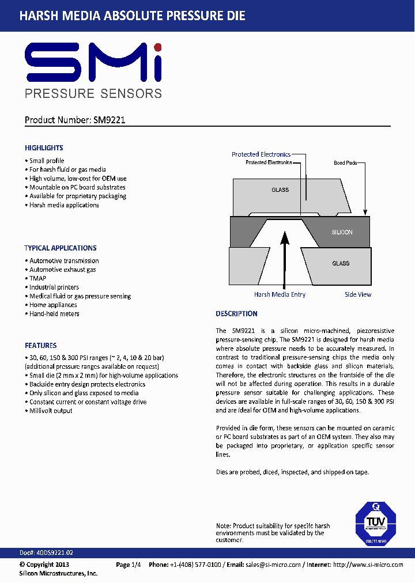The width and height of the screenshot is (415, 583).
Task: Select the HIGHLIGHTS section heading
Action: point(44,148)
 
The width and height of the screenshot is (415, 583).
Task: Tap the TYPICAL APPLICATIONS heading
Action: point(61,248)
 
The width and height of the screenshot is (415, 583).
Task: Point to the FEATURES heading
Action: point(40,346)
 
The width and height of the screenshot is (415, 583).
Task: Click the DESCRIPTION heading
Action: point(236,314)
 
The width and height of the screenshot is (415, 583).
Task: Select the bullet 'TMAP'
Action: point(37,278)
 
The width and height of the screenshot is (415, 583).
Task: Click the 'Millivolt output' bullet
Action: point(51,411)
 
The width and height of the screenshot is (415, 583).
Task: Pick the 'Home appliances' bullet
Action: point(53,305)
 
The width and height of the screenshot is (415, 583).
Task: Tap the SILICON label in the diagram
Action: point(342,232)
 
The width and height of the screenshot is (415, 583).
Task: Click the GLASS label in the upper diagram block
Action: point(280,190)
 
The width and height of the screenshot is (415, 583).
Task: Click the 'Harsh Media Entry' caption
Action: point(280,294)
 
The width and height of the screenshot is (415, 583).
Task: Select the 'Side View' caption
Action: point(358,294)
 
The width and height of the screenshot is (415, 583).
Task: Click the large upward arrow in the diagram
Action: point(284,259)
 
